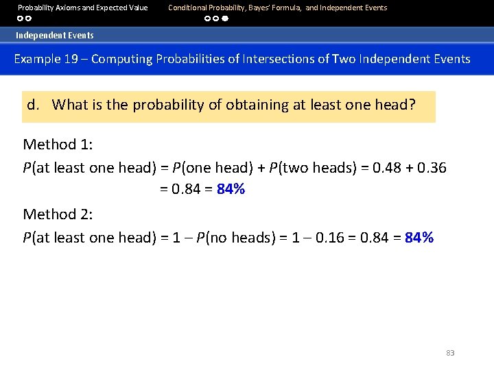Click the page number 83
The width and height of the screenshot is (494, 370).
[x=450, y=353]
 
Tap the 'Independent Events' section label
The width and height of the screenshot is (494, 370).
[x=55, y=35]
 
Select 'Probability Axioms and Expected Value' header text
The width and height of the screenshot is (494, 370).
[x=83, y=8]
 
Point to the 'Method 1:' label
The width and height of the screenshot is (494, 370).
[x=58, y=144]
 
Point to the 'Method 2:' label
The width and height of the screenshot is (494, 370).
[x=58, y=214]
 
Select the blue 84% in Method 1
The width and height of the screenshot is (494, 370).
[x=231, y=190]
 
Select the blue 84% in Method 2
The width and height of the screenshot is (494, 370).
[x=419, y=238]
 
